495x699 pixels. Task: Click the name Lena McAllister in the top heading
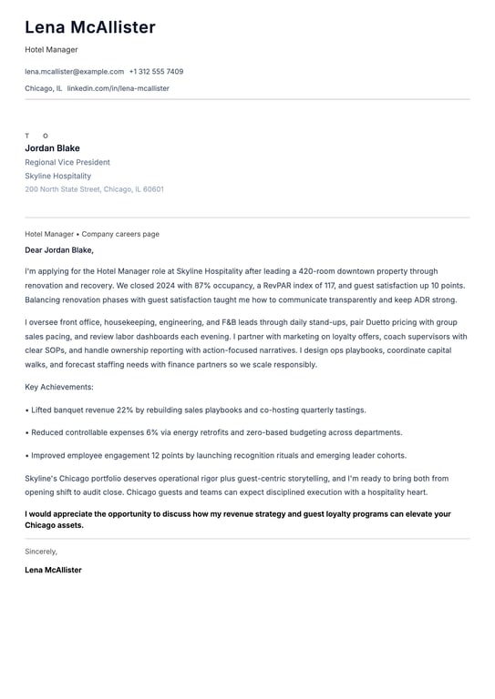click(89, 27)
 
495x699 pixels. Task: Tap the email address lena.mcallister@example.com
click(74, 71)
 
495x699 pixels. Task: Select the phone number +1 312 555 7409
click(156, 71)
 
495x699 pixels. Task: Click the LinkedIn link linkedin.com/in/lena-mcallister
click(118, 88)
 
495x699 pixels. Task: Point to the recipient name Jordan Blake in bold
click(52, 148)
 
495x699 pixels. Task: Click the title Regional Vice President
click(67, 162)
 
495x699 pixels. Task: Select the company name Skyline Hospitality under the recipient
click(57, 176)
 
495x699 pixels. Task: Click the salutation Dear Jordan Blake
click(59, 249)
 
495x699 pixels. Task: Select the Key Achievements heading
click(59, 387)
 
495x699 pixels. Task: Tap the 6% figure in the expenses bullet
click(154, 432)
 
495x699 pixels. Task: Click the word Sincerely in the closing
click(41, 551)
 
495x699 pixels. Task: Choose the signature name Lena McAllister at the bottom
click(53, 570)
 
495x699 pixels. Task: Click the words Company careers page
click(120, 234)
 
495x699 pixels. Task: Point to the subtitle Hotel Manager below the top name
click(51, 50)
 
